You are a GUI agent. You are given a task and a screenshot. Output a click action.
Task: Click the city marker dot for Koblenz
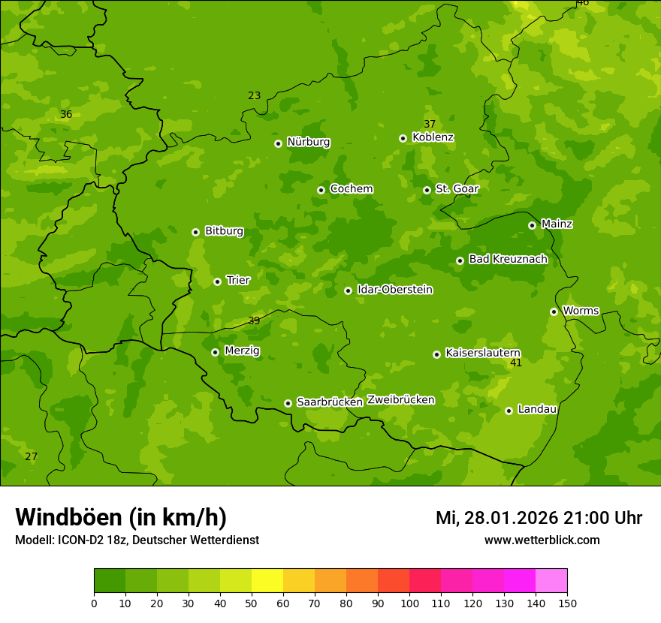pyautogui.click(x=403, y=138)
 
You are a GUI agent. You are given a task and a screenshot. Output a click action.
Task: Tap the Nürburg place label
pyautogui.click(x=308, y=142)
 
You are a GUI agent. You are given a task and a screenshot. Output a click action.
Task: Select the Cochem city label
pyautogui.click(x=351, y=189)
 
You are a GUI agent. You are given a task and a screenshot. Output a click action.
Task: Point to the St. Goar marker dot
pyautogui.click(x=427, y=190)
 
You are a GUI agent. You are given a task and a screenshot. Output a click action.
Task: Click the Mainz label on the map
pyautogui.click(x=557, y=224)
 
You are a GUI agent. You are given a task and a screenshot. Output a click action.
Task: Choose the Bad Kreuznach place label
pyautogui.click(x=508, y=260)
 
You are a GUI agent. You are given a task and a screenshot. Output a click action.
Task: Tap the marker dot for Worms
pyautogui.click(x=554, y=311)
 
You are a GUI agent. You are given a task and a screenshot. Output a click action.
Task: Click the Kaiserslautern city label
pyautogui.click(x=482, y=354)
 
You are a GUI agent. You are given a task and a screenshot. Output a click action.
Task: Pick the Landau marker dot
pyautogui.click(x=509, y=411)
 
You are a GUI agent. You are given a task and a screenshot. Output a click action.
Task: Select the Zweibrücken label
pyautogui.click(x=400, y=400)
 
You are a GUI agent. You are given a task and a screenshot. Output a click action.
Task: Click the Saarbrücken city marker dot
pyautogui.click(x=288, y=403)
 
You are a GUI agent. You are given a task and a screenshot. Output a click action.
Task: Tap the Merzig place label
pyautogui.click(x=243, y=351)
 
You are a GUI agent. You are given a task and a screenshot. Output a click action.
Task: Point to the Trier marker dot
pyautogui.click(x=217, y=281)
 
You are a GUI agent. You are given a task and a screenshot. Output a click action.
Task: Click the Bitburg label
pyautogui.click(x=224, y=231)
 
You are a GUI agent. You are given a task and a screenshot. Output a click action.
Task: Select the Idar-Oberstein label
pyautogui.click(x=394, y=290)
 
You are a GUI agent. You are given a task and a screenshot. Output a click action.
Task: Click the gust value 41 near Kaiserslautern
pyautogui.click(x=515, y=363)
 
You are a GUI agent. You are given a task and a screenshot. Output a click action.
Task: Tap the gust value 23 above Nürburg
pyautogui.click(x=254, y=95)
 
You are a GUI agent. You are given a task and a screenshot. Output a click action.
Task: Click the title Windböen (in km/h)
pyautogui.click(x=120, y=517)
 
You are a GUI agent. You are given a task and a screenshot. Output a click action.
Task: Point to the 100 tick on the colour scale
pyautogui.click(x=409, y=603)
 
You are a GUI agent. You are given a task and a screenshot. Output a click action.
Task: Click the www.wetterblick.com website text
pyautogui.click(x=542, y=540)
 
